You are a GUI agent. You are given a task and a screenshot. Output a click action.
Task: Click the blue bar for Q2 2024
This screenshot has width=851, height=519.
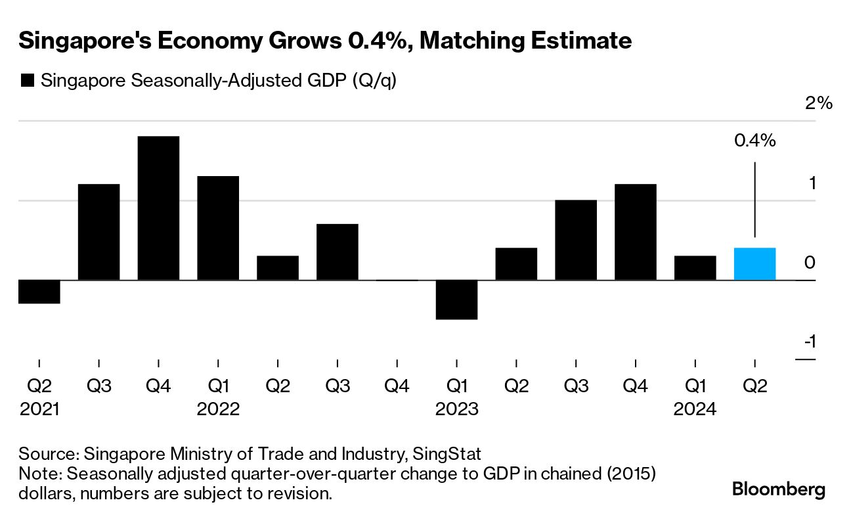(x=754, y=264)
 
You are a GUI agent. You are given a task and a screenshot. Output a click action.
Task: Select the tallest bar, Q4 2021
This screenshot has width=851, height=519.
(x=158, y=208)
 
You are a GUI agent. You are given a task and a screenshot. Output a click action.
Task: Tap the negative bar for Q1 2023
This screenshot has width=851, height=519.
(x=456, y=300)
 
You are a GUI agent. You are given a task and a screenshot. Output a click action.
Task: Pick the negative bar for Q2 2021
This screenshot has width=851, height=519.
(x=39, y=292)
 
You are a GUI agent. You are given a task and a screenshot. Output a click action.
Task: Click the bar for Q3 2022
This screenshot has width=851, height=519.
(x=337, y=252)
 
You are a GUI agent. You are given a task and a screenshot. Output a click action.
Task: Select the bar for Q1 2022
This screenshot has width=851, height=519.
(x=218, y=228)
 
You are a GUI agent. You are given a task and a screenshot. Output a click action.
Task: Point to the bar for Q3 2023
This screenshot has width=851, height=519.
(x=576, y=240)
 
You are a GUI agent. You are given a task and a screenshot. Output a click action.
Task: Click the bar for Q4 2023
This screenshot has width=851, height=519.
(x=635, y=232)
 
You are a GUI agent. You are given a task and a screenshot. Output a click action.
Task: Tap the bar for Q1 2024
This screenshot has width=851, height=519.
(x=695, y=268)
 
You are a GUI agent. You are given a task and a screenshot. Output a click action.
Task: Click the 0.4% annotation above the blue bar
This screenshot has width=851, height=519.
(x=754, y=140)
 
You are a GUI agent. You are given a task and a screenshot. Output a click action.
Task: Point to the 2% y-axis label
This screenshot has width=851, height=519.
(x=818, y=103)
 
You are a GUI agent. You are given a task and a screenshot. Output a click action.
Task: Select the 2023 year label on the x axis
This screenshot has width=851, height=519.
(x=456, y=409)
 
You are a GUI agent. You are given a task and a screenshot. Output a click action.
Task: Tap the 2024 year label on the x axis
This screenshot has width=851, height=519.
(x=695, y=409)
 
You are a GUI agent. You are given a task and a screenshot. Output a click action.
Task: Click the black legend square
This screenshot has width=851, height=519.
(x=28, y=81)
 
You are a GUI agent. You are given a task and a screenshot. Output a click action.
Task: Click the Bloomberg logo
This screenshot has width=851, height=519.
(x=779, y=489)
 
